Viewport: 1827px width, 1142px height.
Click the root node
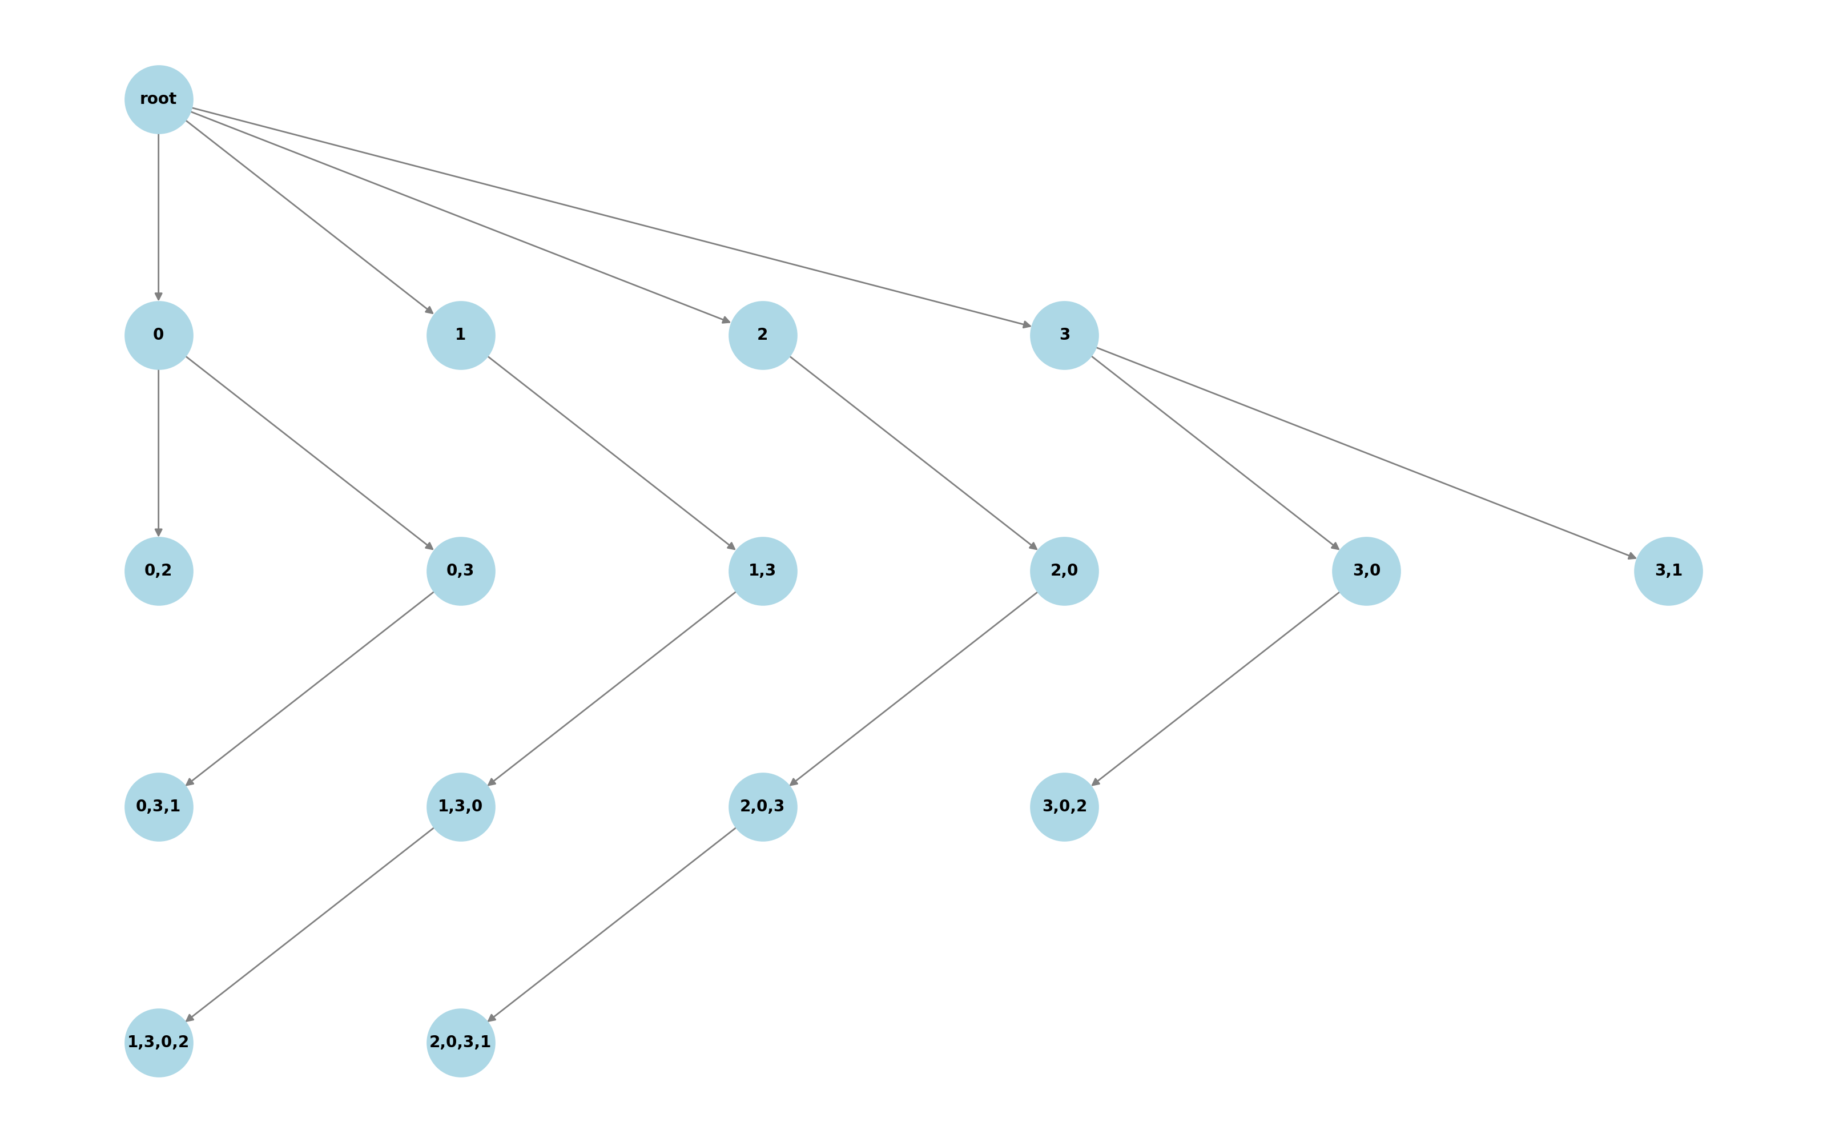click(x=159, y=100)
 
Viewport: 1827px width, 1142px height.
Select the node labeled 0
click(x=159, y=335)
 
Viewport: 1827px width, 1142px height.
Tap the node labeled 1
click(x=461, y=335)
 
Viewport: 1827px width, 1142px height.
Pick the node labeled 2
click(x=763, y=335)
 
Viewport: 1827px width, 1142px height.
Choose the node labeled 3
click(x=1064, y=335)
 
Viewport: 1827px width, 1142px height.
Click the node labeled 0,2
click(x=159, y=571)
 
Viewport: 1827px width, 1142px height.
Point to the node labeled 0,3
click(x=461, y=571)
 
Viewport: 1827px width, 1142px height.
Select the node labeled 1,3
click(x=763, y=571)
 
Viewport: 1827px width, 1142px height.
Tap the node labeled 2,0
click(x=1064, y=571)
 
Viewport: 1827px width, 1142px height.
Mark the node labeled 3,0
click(x=1366, y=571)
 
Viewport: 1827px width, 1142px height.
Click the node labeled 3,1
click(x=1668, y=571)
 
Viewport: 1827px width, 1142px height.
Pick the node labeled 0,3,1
click(x=159, y=807)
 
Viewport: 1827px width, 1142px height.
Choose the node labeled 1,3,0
click(x=461, y=807)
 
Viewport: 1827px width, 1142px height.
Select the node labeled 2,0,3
click(x=763, y=807)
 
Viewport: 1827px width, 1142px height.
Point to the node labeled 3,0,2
click(x=1064, y=807)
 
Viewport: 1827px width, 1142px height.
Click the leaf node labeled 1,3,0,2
click(x=159, y=1042)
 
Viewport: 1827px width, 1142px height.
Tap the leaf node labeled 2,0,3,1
click(x=461, y=1042)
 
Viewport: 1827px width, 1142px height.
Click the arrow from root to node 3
click(x=611, y=218)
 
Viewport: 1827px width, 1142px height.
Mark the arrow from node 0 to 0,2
click(x=159, y=453)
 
